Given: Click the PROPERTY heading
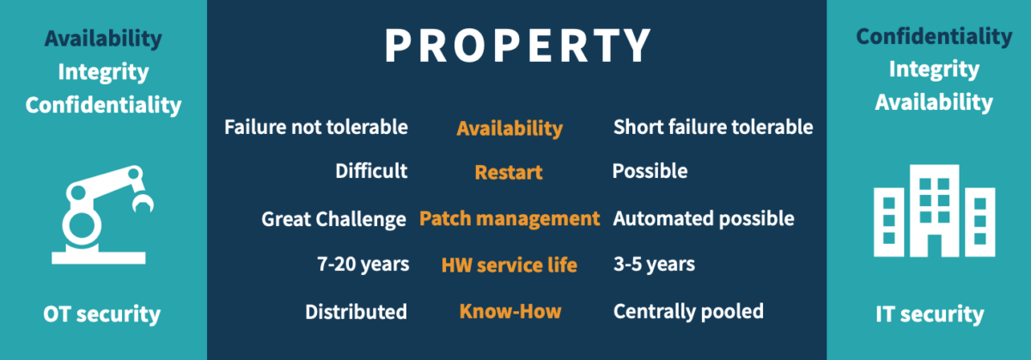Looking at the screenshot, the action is [518, 46].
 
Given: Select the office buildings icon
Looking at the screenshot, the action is [935, 211].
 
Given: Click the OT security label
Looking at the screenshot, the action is [101, 314].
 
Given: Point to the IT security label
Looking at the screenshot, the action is [930, 314].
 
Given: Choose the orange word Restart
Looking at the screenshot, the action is [509, 173].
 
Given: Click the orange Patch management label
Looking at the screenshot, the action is [509, 219].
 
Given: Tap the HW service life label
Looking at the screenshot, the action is [509, 265].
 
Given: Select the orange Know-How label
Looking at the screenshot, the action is [510, 312].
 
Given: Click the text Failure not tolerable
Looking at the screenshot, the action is [316, 127].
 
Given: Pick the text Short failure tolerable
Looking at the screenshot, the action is [713, 127].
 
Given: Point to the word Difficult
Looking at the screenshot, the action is [371, 171].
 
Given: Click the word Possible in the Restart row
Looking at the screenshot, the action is [650, 171].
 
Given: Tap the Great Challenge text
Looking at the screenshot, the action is [333, 220].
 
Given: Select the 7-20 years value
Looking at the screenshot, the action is [363, 265].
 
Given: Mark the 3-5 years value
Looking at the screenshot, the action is [654, 265].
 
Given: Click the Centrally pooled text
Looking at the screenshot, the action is [688, 312].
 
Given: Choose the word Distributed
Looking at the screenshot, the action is [356, 312].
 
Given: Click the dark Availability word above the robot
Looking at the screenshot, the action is [103, 39].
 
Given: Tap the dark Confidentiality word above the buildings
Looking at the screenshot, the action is [934, 37].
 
